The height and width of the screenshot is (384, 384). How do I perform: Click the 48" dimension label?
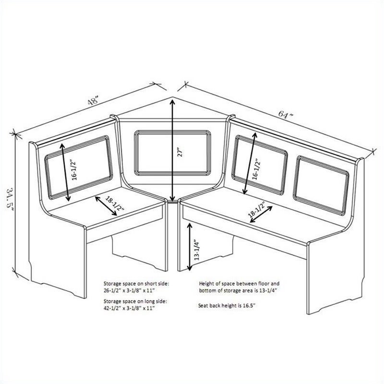(x=93, y=100)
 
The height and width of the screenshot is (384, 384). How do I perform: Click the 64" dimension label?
(x=286, y=114)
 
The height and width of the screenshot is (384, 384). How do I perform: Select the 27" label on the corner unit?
(x=180, y=152)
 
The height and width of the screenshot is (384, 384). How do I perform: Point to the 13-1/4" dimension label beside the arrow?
(x=197, y=250)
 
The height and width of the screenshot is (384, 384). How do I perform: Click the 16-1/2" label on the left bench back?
(x=74, y=170)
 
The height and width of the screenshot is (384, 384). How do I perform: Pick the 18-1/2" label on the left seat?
(x=115, y=204)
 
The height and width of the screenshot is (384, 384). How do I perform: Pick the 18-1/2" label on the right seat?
(x=257, y=209)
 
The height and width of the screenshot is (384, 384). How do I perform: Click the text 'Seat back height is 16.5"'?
(x=227, y=306)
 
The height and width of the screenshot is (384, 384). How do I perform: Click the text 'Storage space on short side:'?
(x=136, y=284)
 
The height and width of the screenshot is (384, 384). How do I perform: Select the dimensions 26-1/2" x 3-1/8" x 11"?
(x=130, y=290)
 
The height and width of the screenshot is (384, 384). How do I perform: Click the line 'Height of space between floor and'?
(x=239, y=284)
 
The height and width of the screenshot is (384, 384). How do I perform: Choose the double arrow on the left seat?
(x=106, y=206)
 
